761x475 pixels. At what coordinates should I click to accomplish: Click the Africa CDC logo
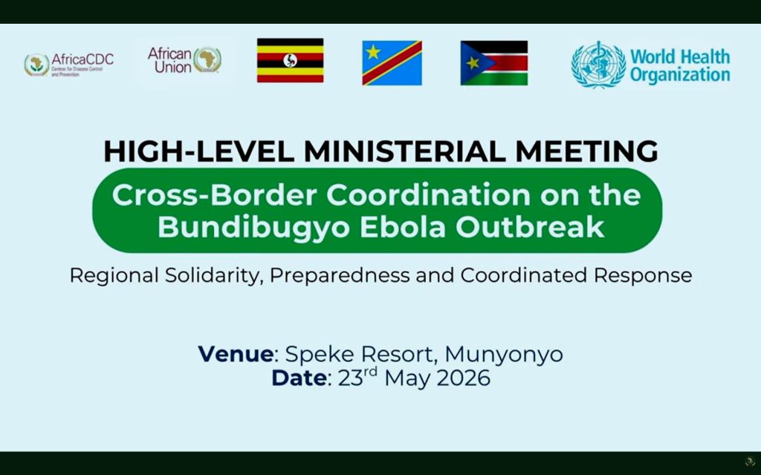coord(69,65)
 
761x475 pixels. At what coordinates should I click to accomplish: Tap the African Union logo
coord(184,60)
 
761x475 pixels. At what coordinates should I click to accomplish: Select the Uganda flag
coord(291,61)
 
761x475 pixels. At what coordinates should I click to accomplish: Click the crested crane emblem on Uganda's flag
coord(291,61)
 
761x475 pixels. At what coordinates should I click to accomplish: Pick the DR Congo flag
coord(392,63)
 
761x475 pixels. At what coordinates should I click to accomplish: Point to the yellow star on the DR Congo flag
coord(373,51)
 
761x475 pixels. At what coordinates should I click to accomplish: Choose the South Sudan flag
coord(494,63)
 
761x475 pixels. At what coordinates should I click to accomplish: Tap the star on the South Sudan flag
coord(472,63)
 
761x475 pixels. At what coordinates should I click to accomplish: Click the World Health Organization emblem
coord(598,65)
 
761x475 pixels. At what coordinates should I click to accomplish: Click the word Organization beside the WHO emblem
coord(680,75)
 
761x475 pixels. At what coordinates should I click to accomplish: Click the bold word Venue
coord(236,354)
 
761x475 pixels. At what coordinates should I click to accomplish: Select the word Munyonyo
coord(504,355)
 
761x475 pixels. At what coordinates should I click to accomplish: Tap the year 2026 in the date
coord(464,378)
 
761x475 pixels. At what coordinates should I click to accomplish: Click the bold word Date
coord(299,378)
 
